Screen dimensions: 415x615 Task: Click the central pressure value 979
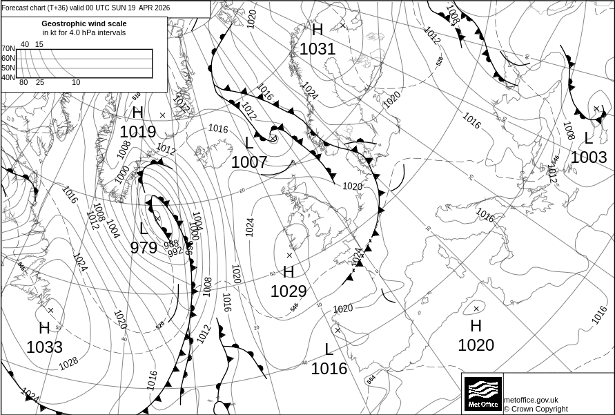tap(144, 247)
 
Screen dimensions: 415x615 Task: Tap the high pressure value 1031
tap(318, 49)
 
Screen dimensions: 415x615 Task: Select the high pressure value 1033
tap(44, 347)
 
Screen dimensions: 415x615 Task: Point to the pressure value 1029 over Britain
tap(289, 291)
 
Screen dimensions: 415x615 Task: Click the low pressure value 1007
tap(249, 162)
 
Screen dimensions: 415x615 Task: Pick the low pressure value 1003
tap(589, 157)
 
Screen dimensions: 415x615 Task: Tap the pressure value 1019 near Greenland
tap(138, 131)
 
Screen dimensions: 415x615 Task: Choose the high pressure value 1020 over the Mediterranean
tap(476, 345)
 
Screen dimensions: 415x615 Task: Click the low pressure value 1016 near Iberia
tap(329, 369)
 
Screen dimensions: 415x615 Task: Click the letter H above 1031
tap(318, 30)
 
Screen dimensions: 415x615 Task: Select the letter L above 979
tap(144, 229)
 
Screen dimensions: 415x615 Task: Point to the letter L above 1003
tap(589, 138)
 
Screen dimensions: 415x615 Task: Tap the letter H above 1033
tap(44, 328)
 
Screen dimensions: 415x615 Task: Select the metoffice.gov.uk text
tap(531, 400)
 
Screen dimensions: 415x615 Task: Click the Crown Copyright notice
tap(536, 409)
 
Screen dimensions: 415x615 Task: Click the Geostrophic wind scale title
tap(84, 23)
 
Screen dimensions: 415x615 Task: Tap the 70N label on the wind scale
tap(8, 49)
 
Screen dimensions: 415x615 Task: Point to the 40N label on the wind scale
tap(8, 77)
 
